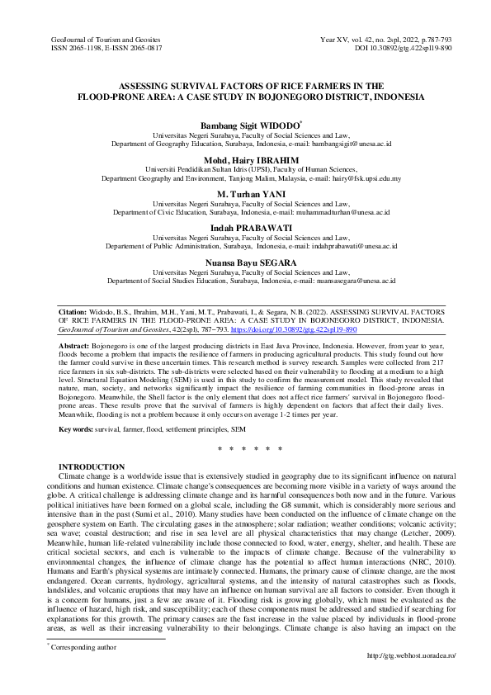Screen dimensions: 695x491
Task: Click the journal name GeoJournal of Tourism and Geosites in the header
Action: point(105,40)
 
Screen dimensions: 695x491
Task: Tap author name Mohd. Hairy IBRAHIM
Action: point(245,159)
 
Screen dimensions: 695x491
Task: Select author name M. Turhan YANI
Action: point(245,192)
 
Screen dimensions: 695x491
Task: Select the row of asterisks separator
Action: point(245,450)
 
